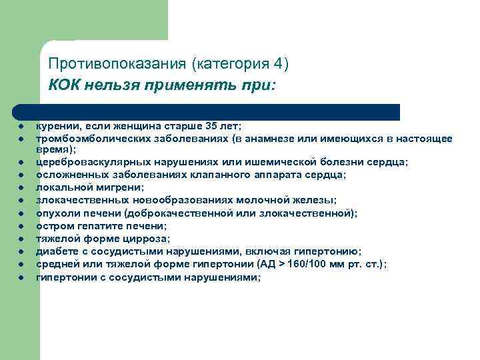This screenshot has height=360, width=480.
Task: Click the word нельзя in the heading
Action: click(111, 86)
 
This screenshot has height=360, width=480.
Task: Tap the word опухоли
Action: click(56, 213)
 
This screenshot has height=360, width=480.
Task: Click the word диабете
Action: click(57, 251)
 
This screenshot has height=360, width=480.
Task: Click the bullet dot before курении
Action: click(22, 127)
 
